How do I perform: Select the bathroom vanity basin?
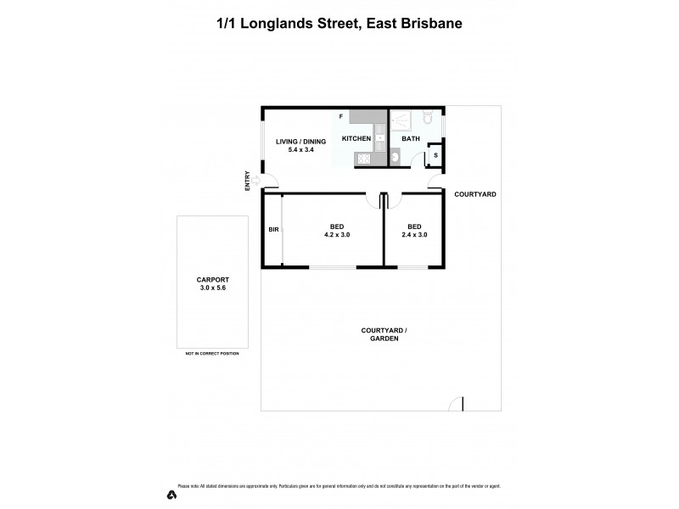pos(396,155)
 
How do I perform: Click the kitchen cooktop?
pos(362,157)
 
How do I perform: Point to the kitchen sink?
pos(380,136)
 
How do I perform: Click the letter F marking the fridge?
pos(341,115)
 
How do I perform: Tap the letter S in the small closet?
pos(435,155)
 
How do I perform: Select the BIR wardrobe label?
pos(273,230)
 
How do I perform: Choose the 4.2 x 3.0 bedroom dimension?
pos(337,235)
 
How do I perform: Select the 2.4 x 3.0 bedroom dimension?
pos(414,235)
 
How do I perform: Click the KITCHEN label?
pos(356,138)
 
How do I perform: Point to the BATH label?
pos(411,138)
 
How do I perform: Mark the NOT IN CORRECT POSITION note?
pos(211,354)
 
